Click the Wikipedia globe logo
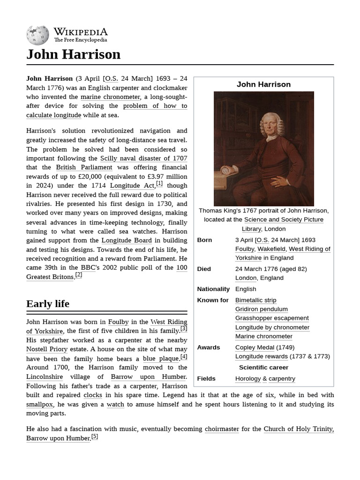[x=37, y=36]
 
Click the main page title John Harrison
[x=73, y=54]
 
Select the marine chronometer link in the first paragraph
[x=110, y=97]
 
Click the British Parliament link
[x=84, y=167]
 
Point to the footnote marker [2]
[x=79, y=275]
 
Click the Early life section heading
[x=48, y=304]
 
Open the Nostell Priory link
[x=47, y=349]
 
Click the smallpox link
[x=39, y=404]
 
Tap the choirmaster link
[x=222, y=429]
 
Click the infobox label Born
[x=204, y=240]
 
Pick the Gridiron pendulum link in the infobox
[x=261, y=309]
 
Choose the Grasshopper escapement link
[x=272, y=318]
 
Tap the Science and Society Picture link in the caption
[x=284, y=220]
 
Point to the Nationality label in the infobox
[x=213, y=289]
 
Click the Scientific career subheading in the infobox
[x=263, y=367]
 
